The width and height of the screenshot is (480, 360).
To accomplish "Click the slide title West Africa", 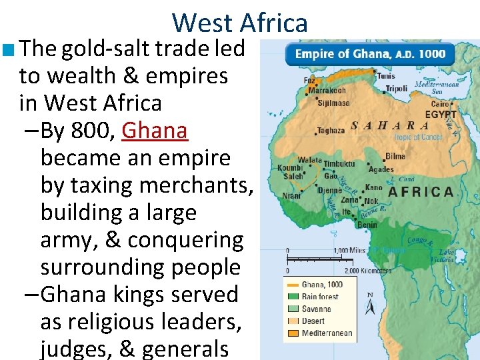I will point(240,23).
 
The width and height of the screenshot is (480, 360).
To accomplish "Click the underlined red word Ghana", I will point(155,131).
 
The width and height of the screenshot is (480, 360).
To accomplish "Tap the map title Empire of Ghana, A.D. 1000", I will point(371,54).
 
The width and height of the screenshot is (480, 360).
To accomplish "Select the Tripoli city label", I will point(396,89).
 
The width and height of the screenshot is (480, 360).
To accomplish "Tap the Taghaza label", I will point(331,130).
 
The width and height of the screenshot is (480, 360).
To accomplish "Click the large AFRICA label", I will point(421,192).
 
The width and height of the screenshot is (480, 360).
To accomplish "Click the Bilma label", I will point(395,157).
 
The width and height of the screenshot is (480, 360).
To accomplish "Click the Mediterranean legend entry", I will point(327,333).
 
